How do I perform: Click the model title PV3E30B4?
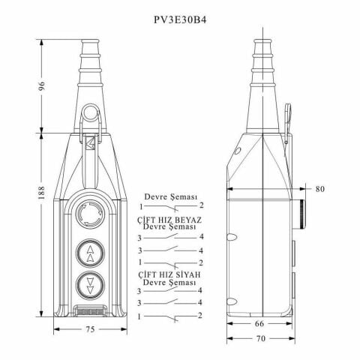click(x=180, y=19)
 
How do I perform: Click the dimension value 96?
click(x=41, y=86)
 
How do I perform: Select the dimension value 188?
click(x=41, y=193)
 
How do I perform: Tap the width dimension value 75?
click(x=90, y=329)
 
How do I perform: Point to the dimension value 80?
click(x=319, y=189)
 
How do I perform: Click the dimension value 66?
click(x=259, y=323)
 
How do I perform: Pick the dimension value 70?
click(x=261, y=338)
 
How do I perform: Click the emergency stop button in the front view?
click(x=90, y=214)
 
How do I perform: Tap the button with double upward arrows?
click(x=90, y=253)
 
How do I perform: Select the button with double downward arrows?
click(x=90, y=285)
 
